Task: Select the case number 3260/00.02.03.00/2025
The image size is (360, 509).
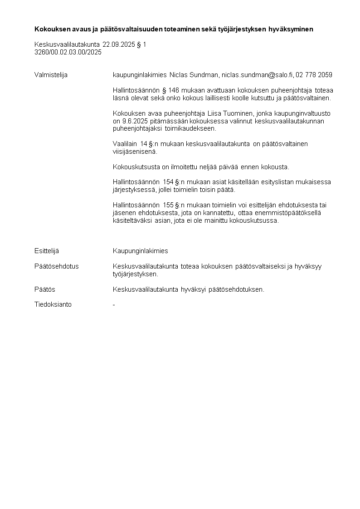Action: click(x=68, y=52)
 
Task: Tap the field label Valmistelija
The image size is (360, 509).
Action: click(x=51, y=75)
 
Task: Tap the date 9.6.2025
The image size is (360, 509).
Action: click(x=135, y=121)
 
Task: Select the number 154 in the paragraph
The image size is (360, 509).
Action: click(x=168, y=182)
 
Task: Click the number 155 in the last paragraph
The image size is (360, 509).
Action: click(x=168, y=205)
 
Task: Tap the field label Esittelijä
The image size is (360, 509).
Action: click(x=47, y=251)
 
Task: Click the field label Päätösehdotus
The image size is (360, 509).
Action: click(x=56, y=266)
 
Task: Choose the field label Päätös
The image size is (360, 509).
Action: click(x=45, y=289)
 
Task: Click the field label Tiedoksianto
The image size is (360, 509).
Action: click(x=53, y=304)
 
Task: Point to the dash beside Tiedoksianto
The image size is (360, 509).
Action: click(x=114, y=305)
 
